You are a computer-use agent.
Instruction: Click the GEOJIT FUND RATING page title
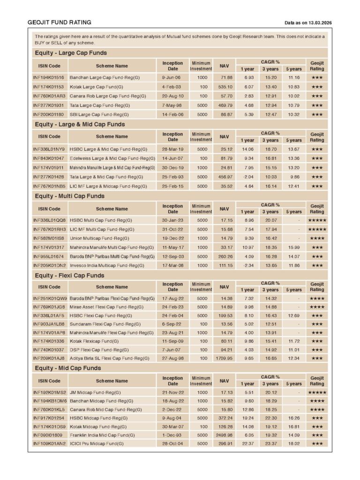(x=60, y=22)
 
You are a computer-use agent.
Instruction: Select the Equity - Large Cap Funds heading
(x=71, y=53)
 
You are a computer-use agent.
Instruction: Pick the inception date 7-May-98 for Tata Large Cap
(x=172, y=105)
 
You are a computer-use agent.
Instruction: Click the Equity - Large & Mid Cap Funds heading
(x=80, y=124)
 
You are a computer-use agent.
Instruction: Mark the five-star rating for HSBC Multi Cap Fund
(x=317, y=220)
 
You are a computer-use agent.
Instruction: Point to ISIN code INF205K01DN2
(x=49, y=266)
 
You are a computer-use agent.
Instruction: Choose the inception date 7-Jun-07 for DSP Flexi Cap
(x=172, y=349)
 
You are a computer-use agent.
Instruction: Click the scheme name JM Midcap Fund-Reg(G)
(x=95, y=392)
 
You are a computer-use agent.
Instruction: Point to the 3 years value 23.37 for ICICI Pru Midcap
(x=270, y=443)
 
